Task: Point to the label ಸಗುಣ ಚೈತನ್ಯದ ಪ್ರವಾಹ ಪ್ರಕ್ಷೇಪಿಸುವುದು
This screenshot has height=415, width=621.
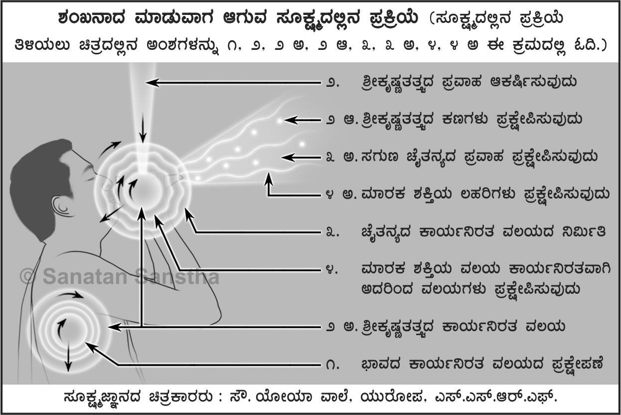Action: coord(471,157)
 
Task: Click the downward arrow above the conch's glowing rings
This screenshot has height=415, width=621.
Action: coord(144,130)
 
